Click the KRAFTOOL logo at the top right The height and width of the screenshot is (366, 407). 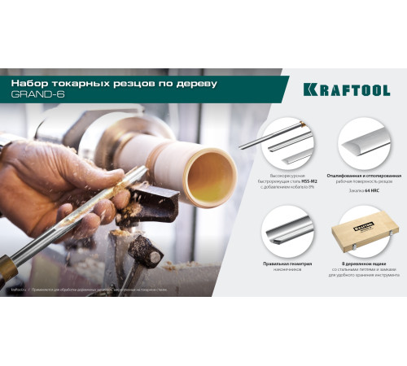[x=346, y=89]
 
